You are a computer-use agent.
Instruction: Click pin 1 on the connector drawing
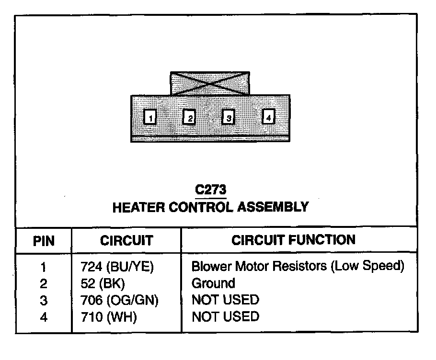150,117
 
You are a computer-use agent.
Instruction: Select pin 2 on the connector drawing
190,117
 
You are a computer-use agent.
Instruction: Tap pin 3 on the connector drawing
229,117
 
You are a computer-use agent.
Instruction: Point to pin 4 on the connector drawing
268,116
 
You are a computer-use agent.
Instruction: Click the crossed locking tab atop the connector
210,84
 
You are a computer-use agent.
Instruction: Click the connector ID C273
210,190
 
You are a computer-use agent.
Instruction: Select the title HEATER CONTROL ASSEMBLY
210,207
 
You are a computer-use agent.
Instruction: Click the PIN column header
44,241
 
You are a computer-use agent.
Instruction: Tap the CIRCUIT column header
126,240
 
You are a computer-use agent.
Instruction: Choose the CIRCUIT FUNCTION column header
294,240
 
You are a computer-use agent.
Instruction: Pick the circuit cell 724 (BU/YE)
117,267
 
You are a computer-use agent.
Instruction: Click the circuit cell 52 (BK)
103,283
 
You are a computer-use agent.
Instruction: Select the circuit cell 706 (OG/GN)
120,300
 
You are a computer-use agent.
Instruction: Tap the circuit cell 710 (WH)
109,316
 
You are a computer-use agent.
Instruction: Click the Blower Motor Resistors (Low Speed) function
298,266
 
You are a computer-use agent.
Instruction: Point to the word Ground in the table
213,283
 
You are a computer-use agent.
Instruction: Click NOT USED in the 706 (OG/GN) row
225,300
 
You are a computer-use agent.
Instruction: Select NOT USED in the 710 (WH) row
225,316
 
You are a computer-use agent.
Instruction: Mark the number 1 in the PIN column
44,267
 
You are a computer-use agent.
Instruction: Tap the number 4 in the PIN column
44,317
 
